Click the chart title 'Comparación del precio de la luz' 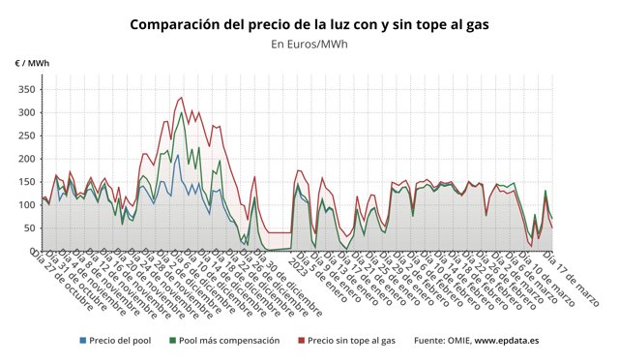pos(309,22)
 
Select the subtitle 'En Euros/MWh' pos(309,44)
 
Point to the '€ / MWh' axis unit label pos(32,63)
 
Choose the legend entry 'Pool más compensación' pos(230,341)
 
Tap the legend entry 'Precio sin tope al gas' pos(353,341)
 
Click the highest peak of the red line pos(181,97)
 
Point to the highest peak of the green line pos(182,112)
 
